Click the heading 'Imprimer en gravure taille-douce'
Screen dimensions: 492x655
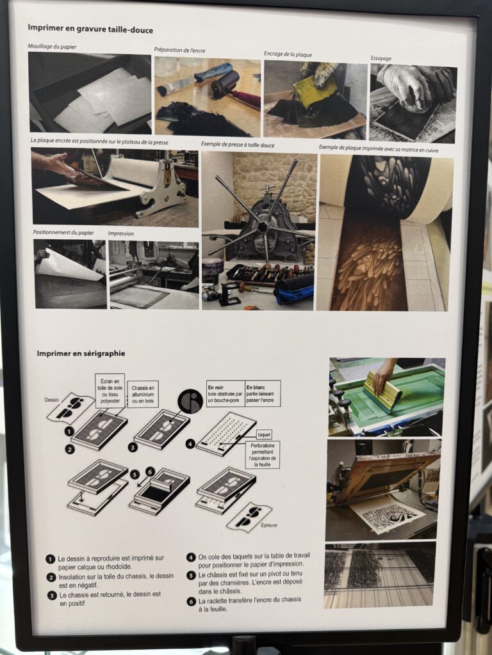90,29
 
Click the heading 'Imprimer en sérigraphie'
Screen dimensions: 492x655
81,353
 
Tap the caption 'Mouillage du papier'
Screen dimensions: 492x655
52,46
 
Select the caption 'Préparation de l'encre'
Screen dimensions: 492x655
179,50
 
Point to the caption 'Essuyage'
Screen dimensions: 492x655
381,58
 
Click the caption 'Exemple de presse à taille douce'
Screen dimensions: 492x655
238,145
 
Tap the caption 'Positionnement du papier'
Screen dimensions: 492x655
63,232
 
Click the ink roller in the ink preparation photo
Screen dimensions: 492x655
226,84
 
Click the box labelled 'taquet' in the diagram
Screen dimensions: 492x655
264,434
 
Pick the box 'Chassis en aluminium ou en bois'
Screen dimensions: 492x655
143,394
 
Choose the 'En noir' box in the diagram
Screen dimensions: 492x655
225,393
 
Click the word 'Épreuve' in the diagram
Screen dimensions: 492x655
268,525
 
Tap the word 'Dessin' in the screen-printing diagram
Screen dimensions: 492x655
52,400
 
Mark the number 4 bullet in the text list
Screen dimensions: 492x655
191,557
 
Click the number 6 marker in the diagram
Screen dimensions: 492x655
150,471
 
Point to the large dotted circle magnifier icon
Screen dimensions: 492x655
190,401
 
